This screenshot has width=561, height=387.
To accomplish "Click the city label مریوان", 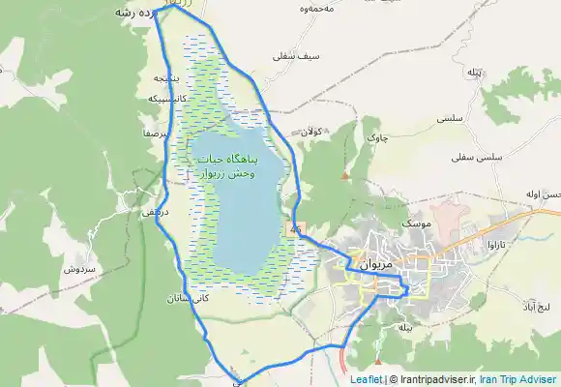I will pos(373,262).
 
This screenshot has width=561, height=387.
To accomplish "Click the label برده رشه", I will pos(135,13).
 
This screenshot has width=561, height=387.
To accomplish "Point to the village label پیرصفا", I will pos(156,135).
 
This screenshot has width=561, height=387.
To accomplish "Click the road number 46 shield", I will pos(293,228).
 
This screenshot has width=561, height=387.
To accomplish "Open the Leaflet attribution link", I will pos(367,380).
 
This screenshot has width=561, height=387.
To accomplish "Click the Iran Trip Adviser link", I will pos(524,380).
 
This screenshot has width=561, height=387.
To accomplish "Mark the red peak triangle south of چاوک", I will pos(345,175).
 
